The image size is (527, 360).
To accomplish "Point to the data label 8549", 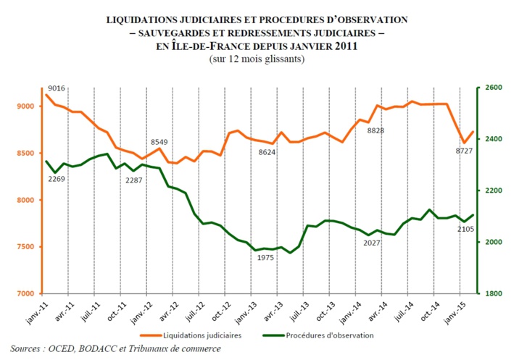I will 160,142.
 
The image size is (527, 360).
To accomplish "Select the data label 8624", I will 273,153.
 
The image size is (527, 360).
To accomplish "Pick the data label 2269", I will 57,178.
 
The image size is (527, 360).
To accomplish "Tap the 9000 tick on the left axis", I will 25,106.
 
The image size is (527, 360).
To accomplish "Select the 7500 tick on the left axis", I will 25,247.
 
